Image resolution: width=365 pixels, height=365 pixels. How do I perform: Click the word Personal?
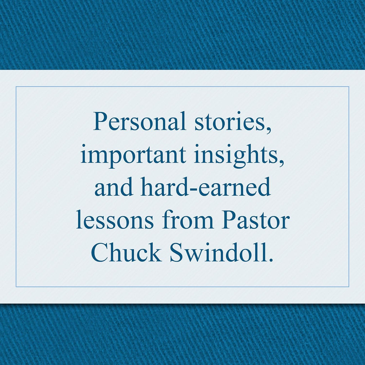point(139,121)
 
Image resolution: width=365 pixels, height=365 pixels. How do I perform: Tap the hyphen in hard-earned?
point(195,189)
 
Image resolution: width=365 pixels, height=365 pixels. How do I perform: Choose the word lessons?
point(115,219)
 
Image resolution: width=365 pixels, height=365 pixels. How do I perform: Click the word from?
point(187,219)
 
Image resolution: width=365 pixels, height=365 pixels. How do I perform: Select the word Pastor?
point(255,219)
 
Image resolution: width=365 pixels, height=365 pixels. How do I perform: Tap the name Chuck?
point(127,252)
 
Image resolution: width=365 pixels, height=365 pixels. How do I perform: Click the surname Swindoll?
point(219,252)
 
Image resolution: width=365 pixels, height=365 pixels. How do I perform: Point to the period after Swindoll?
point(271,259)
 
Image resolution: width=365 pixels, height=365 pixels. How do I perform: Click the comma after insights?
point(282,163)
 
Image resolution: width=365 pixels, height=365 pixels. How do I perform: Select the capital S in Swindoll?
point(176,252)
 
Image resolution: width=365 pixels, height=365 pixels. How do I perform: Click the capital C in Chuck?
point(100,252)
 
